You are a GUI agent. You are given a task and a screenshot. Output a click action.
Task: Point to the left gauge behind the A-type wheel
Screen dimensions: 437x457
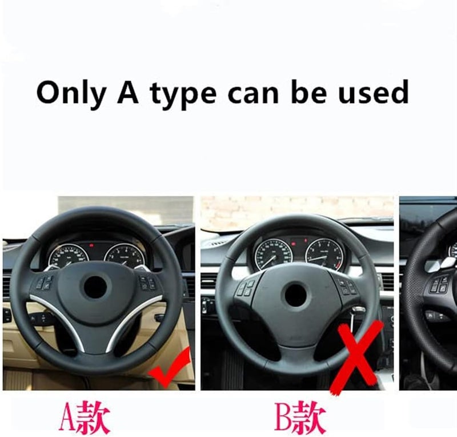69,256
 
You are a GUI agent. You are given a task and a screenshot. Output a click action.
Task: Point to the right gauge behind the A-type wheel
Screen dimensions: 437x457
123,256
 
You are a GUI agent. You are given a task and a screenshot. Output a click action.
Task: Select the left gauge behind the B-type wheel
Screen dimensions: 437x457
273,252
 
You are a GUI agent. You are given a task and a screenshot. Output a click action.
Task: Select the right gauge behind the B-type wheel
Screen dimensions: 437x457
324,252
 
